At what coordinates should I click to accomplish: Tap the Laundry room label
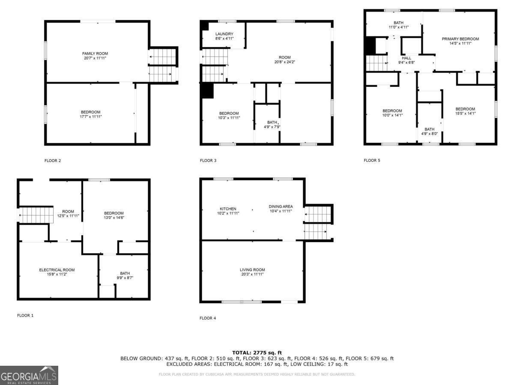coord(224,34)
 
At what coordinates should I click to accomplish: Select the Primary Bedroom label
coord(460,39)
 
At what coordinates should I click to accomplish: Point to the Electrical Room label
coord(57,270)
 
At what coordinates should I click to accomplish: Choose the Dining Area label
coord(281,207)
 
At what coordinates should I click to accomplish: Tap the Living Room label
coord(252,270)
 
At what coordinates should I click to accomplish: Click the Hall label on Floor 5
coord(406,58)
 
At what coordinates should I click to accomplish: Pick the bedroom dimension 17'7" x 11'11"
coord(91,117)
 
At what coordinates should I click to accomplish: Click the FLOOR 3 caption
coord(208,161)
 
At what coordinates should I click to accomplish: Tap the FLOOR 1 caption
coord(25,316)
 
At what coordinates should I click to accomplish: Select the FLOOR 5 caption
coord(372,161)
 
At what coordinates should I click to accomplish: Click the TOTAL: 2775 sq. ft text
coord(257,352)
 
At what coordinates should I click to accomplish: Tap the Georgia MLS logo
coord(29,375)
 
